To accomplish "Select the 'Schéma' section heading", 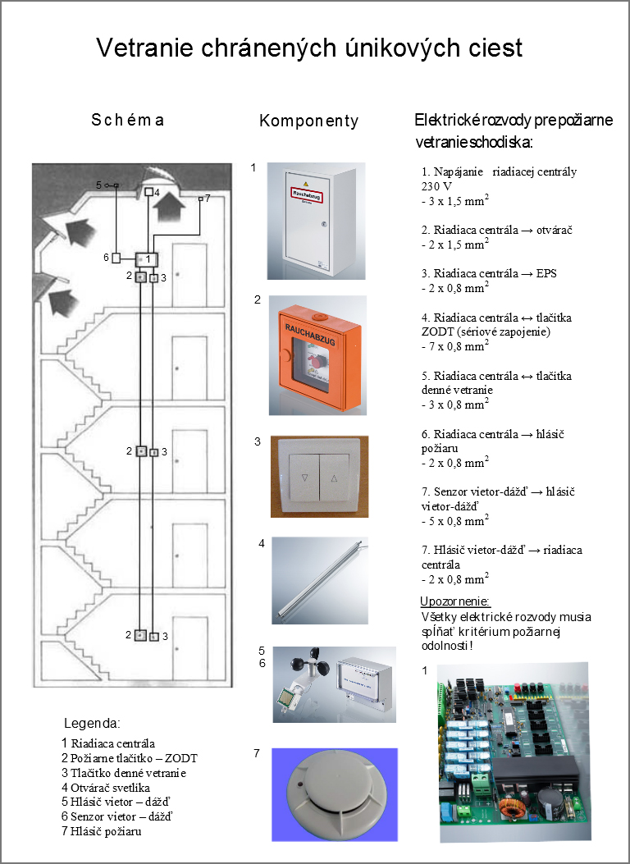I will (x=128, y=120).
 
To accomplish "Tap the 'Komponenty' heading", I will (x=309, y=121).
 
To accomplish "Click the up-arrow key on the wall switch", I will (x=334, y=476).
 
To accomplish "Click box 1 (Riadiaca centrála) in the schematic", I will (x=148, y=259).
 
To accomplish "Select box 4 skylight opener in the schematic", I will (x=148, y=192).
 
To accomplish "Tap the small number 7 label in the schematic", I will (x=208, y=199).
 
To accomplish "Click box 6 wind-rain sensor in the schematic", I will (x=116, y=258).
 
